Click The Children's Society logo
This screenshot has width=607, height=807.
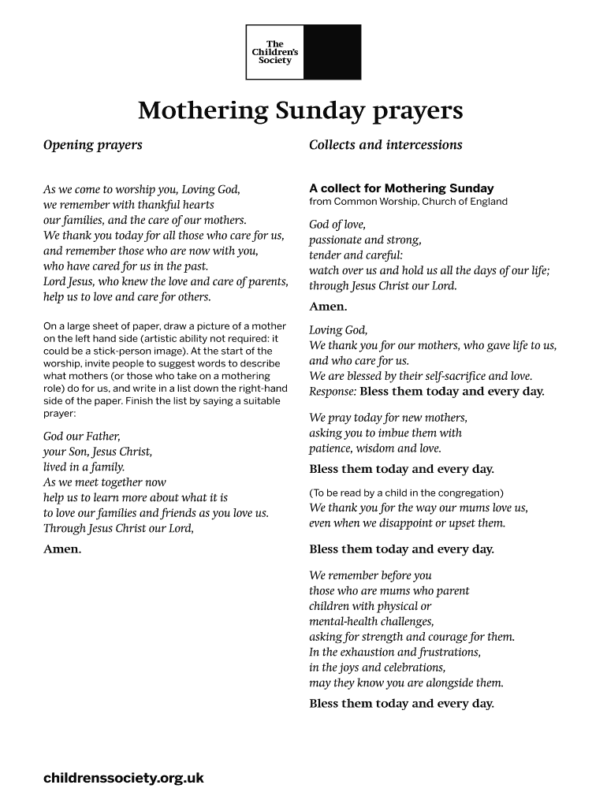click(x=303, y=52)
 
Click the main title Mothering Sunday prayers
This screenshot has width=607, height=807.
click(x=300, y=111)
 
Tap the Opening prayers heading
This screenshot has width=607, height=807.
click(x=92, y=145)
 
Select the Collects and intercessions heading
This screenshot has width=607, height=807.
click(x=385, y=145)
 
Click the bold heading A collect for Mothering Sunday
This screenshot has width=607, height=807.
click(x=401, y=188)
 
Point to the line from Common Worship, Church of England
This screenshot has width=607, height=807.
click(x=408, y=202)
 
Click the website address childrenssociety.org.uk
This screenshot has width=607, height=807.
click(x=124, y=778)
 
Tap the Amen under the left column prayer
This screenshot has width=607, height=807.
click(x=62, y=549)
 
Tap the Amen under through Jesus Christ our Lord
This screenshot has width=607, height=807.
click(x=328, y=307)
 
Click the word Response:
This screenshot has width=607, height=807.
click(x=333, y=392)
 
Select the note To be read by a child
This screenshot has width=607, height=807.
click(x=406, y=493)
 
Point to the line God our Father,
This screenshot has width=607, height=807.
click(x=81, y=436)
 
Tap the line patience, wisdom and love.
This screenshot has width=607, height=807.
click(x=375, y=448)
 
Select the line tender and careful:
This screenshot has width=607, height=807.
click(x=356, y=255)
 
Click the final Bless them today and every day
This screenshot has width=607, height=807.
click(x=401, y=704)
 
